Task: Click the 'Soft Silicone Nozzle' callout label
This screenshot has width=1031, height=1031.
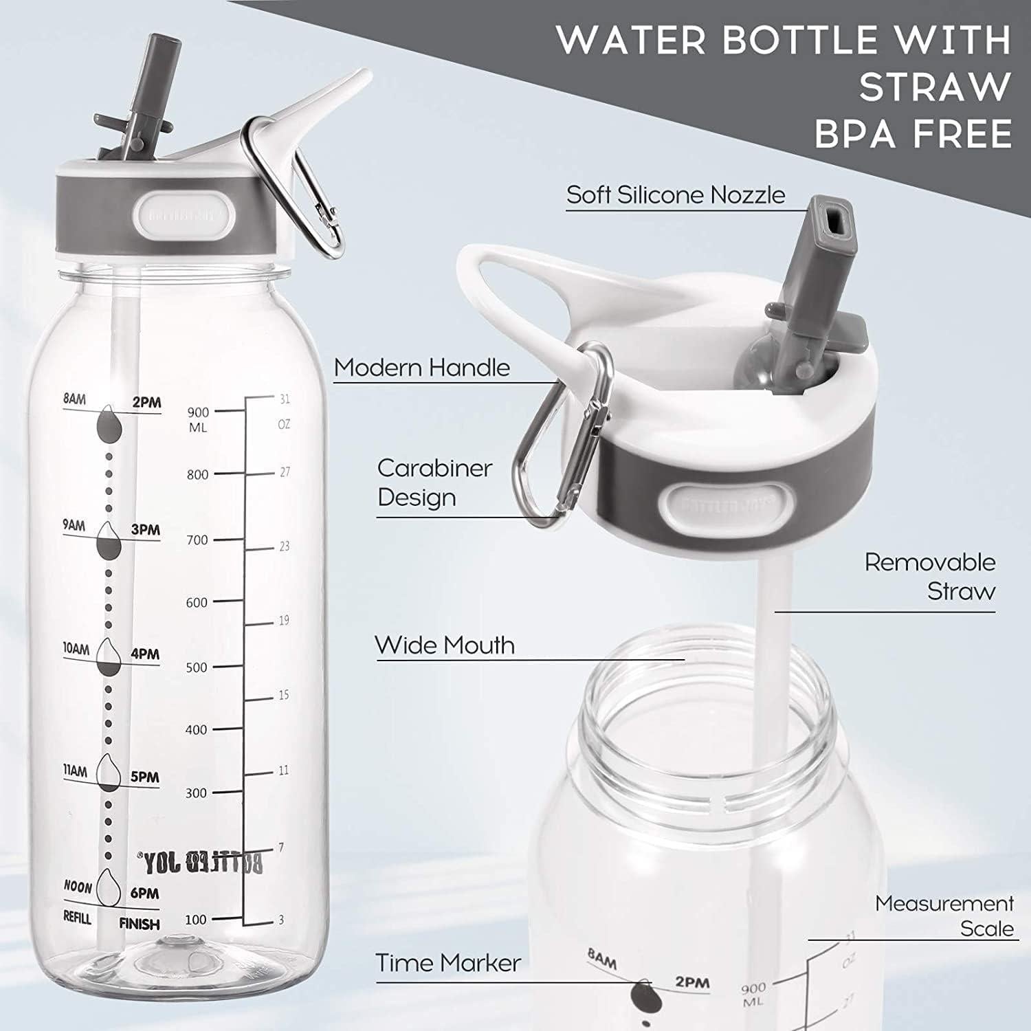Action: pyautogui.click(x=675, y=195)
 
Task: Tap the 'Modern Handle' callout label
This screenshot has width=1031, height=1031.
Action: pyautogui.click(x=421, y=368)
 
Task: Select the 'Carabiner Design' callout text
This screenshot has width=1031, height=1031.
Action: pyautogui.click(x=434, y=483)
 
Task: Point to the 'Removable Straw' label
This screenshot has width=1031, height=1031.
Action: pyautogui.click(x=929, y=576)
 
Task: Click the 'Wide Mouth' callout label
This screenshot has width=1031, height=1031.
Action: pyautogui.click(x=445, y=645)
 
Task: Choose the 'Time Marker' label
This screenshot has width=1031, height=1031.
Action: pyautogui.click(x=447, y=963)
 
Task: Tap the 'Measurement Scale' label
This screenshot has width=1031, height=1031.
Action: pyautogui.click(x=944, y=916)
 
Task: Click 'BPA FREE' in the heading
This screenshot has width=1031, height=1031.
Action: pyautogui.click(x=913, y=133)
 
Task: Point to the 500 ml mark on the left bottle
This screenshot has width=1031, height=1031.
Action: pyautogui.click(x=197, y=667)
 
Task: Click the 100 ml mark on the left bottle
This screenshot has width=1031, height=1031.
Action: pyautogui.click(x=196, y=920)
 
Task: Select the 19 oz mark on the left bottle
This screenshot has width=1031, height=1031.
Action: pyautogui.click(x=283, y=621)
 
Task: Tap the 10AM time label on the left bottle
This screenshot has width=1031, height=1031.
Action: pyautogui.click(x=76, y=649)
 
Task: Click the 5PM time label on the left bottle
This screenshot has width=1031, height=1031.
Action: pyautogui.click(x=144, y=777)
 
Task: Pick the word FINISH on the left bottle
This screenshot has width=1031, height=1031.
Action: pyautogui.click(x=139, y=924)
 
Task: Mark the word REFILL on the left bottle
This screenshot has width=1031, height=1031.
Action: pyautogui.click(x=77, y=918)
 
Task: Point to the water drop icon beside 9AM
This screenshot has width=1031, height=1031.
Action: pyautogui.click(x=108, y=540)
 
